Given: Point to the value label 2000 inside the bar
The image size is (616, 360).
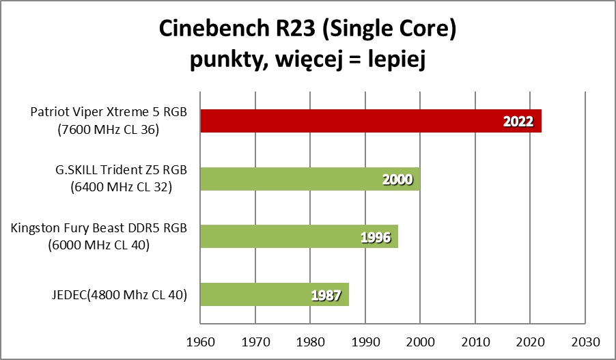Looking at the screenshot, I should pyautogui.click(x=397, y=180).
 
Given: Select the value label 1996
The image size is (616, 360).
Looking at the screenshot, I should pyautogui.click(x=375, y=238).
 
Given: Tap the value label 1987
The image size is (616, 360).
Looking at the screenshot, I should pyautogui.click(x=326, y=296).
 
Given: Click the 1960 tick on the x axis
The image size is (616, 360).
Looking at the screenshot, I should pyautogui.click(x=200, y=340).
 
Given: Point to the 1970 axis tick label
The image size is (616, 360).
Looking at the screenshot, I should pyautogui.click(x=255, y=340).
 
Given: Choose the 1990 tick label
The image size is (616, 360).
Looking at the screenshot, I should pyautogui.click(x=365, y=340).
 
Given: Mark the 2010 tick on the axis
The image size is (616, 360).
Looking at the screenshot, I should pyautogui.click(x=475, y=340).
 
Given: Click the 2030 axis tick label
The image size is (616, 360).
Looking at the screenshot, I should pyautogui.click(x=585, y=340).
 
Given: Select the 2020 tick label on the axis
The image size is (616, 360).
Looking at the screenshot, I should pyautogui.click(x=530, y=340).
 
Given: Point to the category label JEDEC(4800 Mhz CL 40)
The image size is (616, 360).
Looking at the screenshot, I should pyautogui.click(x=117, y=294).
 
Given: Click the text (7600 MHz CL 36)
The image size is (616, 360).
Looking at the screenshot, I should pyautogui.click(x=109, y=128).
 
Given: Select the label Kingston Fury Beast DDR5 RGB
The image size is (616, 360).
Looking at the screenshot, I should pyautogui.click(x=99, y=228).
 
